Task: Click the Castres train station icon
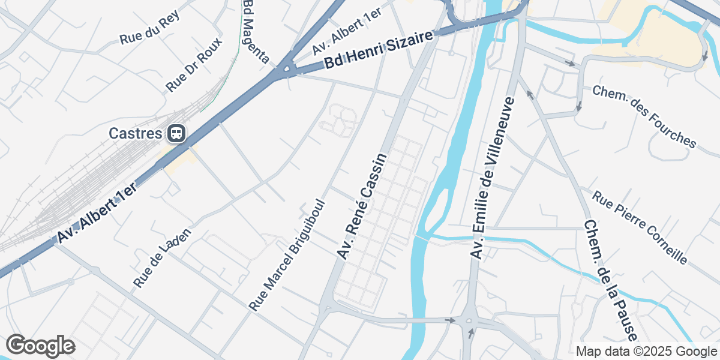coord(176,133)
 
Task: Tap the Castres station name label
coord(136,133)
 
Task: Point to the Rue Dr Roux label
coord(194,65)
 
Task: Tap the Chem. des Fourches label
coord(644,116)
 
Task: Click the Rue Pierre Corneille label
coord(640,227)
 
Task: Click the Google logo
coord(40,346)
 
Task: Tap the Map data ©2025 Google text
coord(647,351)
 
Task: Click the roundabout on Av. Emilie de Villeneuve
coord(470,322)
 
